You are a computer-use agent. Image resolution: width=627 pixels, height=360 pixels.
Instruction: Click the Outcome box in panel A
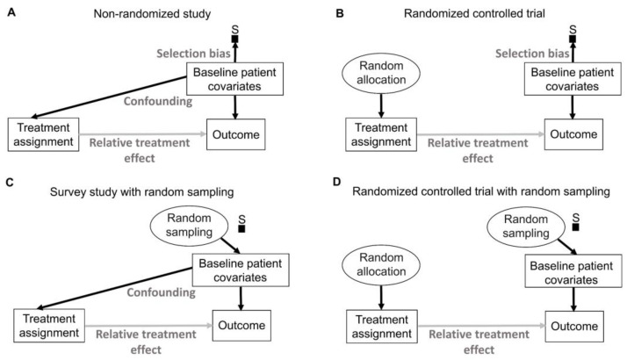236,134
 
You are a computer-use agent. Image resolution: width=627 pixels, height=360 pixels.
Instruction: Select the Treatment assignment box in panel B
381,134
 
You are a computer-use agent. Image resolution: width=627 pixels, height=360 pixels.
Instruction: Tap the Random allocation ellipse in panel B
381,73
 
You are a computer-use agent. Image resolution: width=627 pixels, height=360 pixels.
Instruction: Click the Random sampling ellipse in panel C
189,225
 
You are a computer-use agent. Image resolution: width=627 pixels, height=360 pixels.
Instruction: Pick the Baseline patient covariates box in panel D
573,270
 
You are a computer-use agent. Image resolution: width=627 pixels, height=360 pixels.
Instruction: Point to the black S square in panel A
235,39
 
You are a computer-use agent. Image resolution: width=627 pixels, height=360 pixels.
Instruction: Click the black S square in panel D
576,227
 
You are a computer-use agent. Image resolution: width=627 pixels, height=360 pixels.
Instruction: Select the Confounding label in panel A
158,101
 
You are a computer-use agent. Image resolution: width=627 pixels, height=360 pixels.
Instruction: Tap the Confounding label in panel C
162,292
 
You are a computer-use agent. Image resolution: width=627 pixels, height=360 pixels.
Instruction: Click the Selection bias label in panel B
532,54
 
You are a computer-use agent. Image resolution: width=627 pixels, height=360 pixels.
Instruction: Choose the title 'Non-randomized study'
152,14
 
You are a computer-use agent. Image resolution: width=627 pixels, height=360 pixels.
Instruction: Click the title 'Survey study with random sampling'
142,192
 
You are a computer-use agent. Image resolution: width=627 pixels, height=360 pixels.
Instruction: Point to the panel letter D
337,182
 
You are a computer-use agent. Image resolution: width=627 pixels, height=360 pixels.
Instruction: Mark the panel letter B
340,13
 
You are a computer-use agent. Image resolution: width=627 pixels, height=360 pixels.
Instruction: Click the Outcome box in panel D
574,327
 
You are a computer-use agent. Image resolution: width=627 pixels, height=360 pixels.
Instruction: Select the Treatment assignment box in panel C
49,326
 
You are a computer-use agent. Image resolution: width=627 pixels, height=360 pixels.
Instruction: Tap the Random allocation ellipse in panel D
381,265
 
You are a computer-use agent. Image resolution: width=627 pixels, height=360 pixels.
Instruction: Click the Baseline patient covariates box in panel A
235,79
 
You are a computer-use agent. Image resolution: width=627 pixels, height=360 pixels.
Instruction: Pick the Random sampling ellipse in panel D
526,227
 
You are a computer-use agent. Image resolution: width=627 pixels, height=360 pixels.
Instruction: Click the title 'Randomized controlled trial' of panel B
474,13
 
